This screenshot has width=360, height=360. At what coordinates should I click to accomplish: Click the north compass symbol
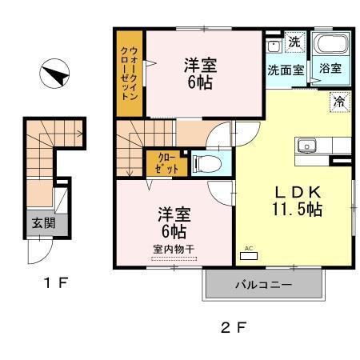point(54,76)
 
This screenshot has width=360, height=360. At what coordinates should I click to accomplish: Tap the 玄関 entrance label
point(43,224)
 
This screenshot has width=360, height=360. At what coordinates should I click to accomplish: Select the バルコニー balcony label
point(263,284)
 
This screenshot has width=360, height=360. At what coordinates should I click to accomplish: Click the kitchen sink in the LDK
point(307,146)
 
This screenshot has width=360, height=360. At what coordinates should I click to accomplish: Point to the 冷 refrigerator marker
point(339,102)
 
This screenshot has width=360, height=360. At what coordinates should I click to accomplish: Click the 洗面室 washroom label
point(285,70)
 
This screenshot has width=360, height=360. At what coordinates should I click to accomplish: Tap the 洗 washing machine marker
point(294,42)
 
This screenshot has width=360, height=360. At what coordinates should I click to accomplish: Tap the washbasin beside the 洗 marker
point(274,44)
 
